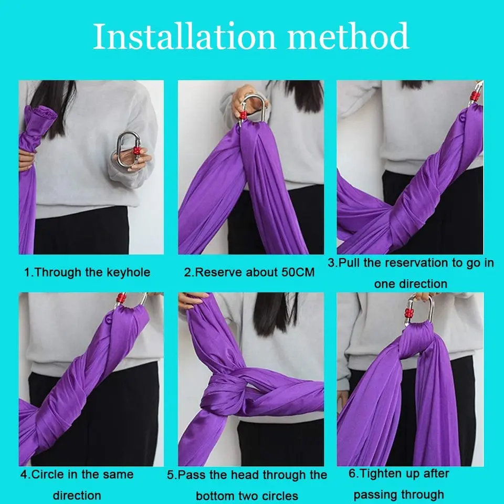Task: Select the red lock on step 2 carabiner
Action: click(243, 114)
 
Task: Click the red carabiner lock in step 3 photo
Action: click(474, 97)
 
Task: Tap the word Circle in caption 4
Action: click(49, 475)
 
